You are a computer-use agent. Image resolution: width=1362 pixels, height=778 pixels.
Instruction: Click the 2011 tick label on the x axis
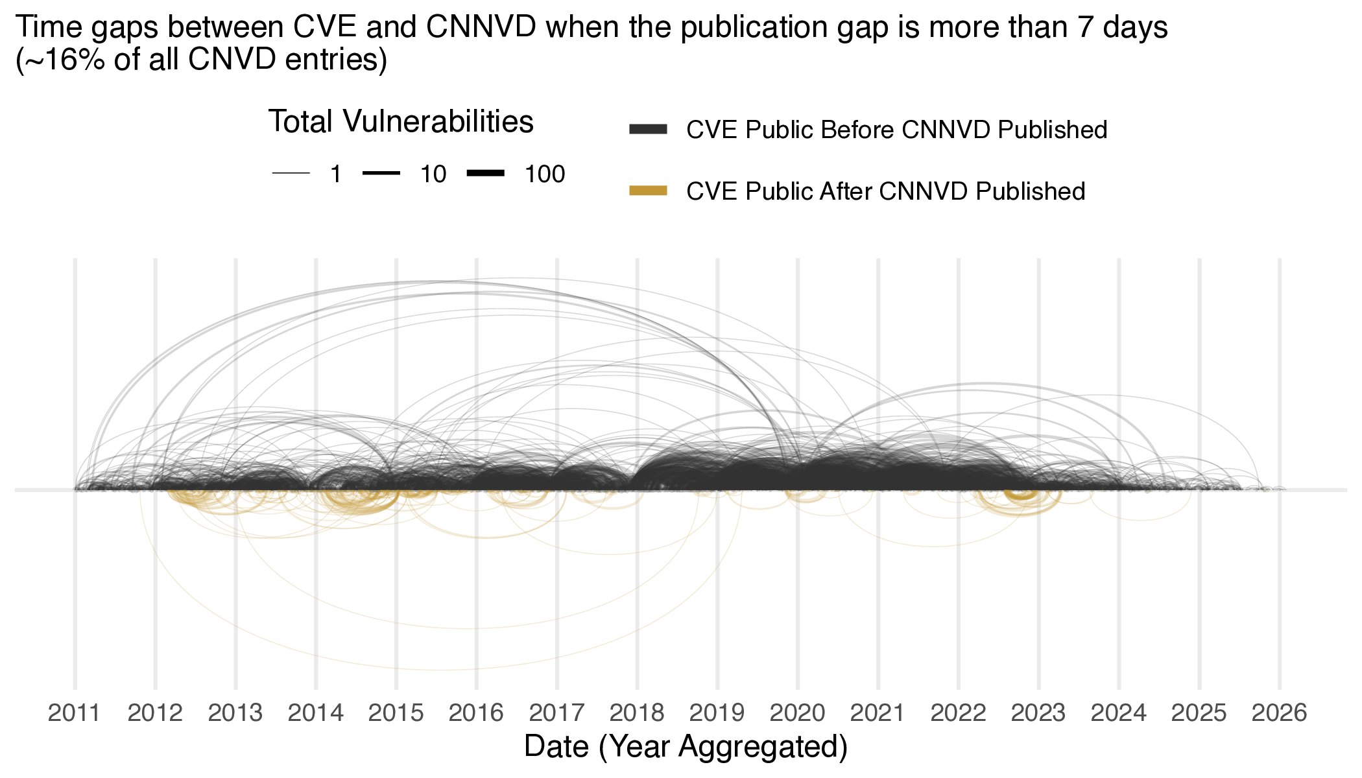(x=75, y=713)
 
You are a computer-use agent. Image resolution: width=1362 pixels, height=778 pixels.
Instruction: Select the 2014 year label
(x=316, y=713)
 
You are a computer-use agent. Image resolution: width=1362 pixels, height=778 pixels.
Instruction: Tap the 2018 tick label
(x=637, y=713)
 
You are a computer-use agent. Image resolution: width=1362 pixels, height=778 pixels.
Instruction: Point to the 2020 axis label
(x=797, y=713)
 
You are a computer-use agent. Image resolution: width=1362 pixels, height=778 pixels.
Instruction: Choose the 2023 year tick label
(x=1038, y=713)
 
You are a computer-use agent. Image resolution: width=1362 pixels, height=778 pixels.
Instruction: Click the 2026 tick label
(x=1279, y=713)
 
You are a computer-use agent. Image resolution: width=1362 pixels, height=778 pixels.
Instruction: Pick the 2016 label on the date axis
(x=476, y=713)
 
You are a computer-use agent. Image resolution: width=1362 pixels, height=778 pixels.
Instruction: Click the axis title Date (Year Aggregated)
(x=686, y=747)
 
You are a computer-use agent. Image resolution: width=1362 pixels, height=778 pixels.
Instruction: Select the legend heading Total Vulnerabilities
(x=401, y=122)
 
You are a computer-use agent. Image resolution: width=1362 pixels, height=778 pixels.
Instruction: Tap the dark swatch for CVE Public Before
(x=648, y=130)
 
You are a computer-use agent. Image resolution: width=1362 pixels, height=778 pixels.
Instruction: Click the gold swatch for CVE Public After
(x=648, y=191)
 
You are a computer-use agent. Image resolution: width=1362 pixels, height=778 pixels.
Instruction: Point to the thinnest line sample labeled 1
(x=291, y=174)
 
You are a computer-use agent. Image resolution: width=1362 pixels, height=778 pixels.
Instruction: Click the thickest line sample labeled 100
(x=485, y=173)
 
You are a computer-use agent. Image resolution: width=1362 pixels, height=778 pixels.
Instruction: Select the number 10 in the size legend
(x=433, y=174)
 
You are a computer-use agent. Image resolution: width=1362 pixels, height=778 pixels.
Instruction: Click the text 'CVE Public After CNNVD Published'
(x=885, y=191)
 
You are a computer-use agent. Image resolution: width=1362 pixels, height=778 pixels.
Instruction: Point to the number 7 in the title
(x=1086, y=27)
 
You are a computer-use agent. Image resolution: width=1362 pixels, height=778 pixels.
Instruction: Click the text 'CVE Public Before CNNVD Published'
(x=896, y=130)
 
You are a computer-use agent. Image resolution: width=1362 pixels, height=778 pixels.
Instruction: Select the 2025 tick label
(x=1199, y=713)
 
